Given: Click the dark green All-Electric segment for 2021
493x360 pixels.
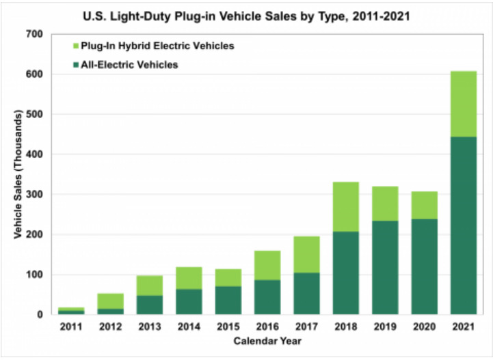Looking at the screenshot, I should pyautogui.click(x=463, y=225).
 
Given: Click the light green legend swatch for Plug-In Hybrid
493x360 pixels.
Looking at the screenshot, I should pyautogui.click(x=75, y=46).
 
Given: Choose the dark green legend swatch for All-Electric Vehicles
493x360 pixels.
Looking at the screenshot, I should pyautogui.click(x=75, y=66).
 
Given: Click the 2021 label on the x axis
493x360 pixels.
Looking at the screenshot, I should pyautogui.click(x=463, y=327).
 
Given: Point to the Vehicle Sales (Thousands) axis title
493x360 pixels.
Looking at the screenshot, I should pyautogui.click(x=18, y=174).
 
